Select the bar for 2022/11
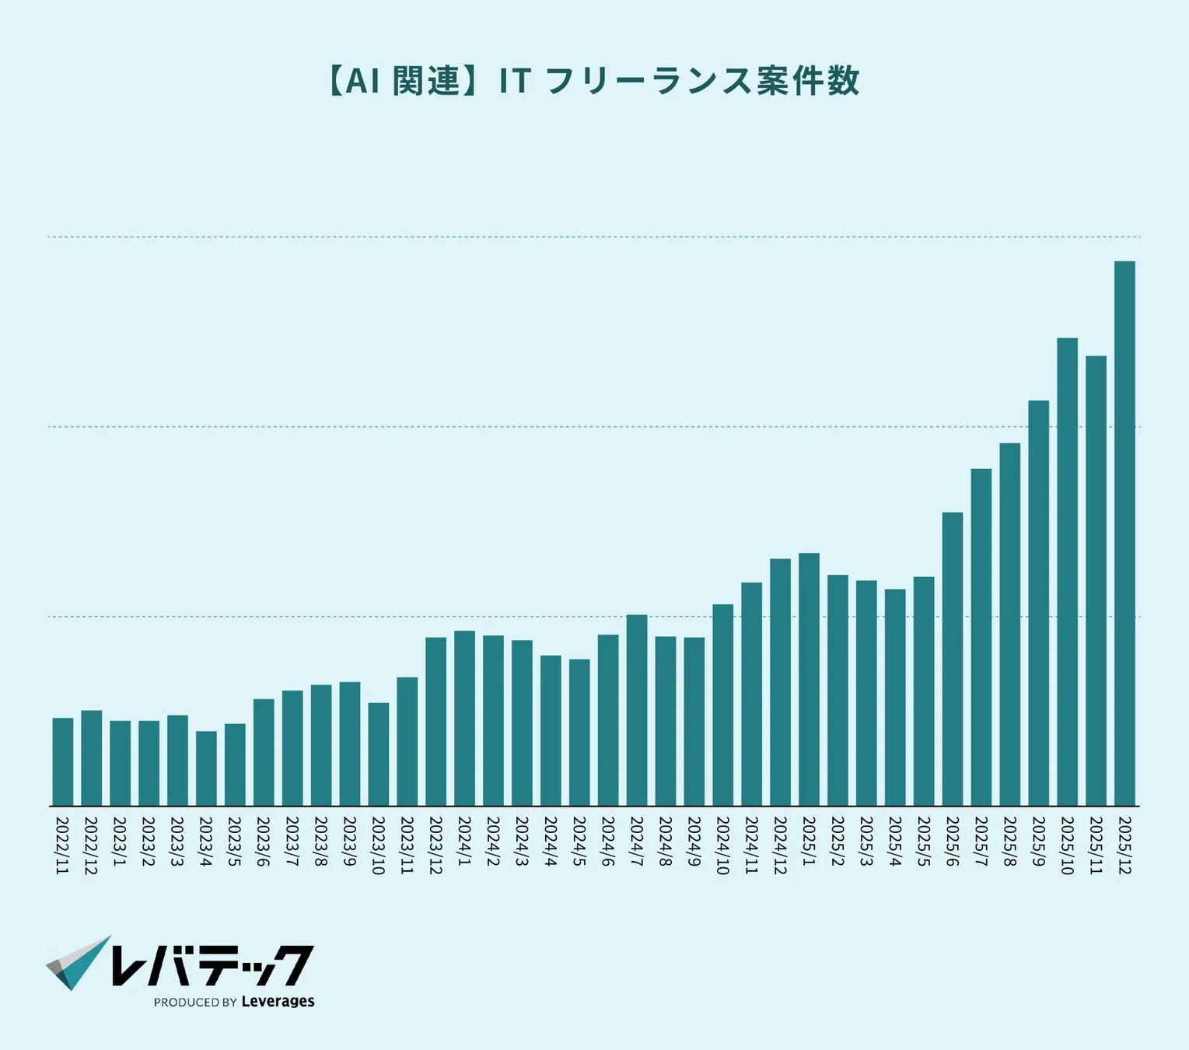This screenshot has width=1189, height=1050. (63, 762)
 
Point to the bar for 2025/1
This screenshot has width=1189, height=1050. (809, 680)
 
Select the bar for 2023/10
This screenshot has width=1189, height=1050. (379, 754)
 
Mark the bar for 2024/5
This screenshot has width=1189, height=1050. (579, 733)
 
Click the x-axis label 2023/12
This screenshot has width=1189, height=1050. (435, 845)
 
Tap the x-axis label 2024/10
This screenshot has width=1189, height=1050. (722, 845)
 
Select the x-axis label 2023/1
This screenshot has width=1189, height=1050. (120, 841)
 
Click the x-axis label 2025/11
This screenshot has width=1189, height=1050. (1096, 845)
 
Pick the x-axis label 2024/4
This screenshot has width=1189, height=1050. (551, 841)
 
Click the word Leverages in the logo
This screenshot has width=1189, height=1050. (278, 1001)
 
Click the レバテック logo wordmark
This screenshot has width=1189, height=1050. (212, 964)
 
